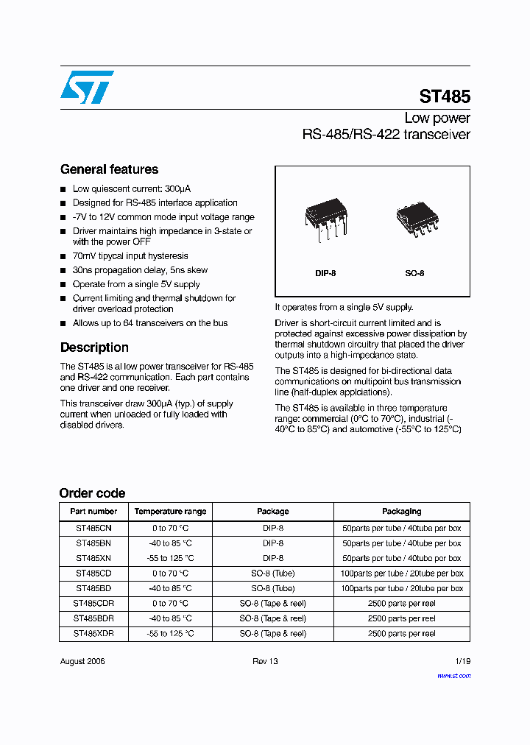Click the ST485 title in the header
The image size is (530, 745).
445,96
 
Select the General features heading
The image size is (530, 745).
109,169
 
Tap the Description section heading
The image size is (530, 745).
94,347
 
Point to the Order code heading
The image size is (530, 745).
92,493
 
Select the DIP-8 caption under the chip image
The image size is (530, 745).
325,273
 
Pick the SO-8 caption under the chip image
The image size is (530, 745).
414,273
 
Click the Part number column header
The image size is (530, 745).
93,511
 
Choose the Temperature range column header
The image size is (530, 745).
170,511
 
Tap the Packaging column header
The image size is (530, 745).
401,511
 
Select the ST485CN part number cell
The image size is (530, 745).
93,529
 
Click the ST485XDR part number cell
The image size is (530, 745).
93,633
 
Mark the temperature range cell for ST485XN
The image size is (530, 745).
170,558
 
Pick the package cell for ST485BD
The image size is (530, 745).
272,588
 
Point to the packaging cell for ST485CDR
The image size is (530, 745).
401,604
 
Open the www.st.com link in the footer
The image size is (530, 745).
453,675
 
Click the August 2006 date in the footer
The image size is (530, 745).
82,661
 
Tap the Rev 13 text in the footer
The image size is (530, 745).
265,661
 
